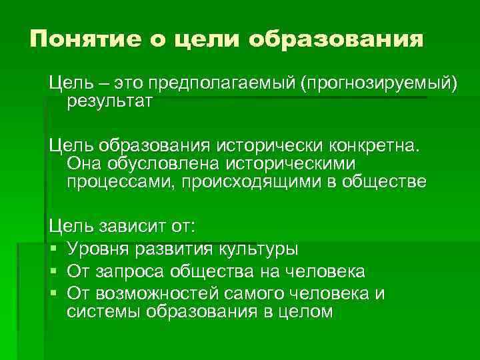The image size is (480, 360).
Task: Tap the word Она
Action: pos(83,163)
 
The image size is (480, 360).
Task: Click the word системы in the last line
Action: pos(101,312)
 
